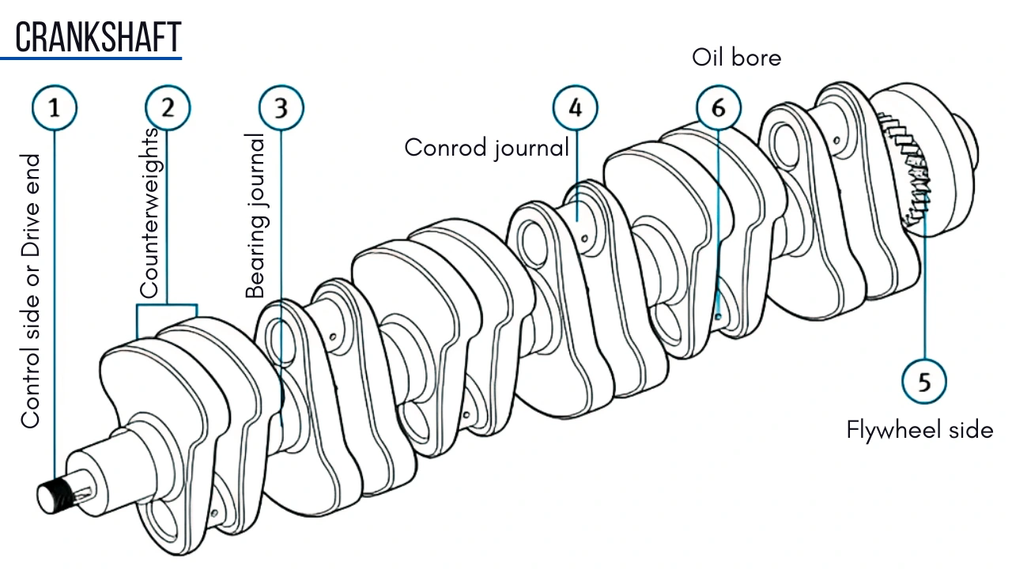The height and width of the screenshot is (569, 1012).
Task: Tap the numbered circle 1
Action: [x=55, y=107]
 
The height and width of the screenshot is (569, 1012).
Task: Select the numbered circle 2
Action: [x=167, y=107]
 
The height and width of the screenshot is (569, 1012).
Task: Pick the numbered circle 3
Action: [x=281, y=107]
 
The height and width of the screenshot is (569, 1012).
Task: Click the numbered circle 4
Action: [x=575, y=107]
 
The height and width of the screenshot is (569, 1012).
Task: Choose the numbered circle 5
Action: [x=924, y=382]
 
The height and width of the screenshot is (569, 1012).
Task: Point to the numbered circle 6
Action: [x=718, y=107]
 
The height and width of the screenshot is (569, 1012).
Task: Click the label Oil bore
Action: [x=736, y=58]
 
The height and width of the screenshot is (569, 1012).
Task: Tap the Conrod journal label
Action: [x=486, y=147]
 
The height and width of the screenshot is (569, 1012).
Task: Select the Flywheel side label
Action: [x=919, y=430]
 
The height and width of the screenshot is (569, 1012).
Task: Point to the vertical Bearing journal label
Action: [x=255, y=215]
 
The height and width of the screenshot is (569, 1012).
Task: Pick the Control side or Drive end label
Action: [x=30, y=291]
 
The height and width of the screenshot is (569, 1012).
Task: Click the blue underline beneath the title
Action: [x=91, y=57]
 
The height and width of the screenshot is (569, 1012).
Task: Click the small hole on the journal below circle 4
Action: [x=583, y=235]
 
